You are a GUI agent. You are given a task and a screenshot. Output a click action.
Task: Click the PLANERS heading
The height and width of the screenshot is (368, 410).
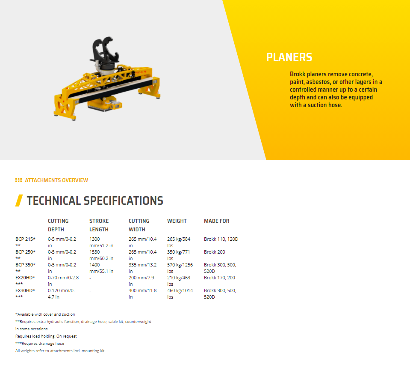[x=289, y=57]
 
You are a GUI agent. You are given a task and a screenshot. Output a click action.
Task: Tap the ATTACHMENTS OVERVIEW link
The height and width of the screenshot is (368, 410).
[x=56, y=180]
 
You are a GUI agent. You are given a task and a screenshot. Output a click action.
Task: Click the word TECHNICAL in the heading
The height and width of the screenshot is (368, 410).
[x=53, y=201]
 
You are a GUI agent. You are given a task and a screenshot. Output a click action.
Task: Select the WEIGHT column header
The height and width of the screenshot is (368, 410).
[x=177, y=221]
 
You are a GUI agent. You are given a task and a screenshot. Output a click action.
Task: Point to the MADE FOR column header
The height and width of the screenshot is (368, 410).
[x=216, y=221]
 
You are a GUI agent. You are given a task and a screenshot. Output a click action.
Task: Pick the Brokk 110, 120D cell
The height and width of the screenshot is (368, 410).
[x=221, y=239]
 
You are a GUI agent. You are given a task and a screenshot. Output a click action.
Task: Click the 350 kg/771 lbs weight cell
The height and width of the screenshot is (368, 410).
[x=179, y=255]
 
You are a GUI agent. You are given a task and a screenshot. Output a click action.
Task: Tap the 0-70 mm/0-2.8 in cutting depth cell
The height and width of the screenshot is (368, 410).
[x=63, y=281]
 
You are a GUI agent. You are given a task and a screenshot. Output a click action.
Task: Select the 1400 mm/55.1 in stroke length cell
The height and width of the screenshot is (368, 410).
[x=101, y=268]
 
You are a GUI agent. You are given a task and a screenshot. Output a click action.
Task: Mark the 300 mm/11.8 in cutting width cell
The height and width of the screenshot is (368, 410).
[x=142, y=293]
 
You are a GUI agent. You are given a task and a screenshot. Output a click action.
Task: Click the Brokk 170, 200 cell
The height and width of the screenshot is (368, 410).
[x=219, y=278]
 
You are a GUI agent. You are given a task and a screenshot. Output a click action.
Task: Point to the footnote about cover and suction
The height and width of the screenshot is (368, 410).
[x=45, y=314]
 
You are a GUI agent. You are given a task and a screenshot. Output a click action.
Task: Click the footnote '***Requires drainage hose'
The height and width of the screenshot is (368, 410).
[x=40, y=343]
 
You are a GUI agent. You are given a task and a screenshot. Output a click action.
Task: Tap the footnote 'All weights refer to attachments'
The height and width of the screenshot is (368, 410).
[x=60, y=351]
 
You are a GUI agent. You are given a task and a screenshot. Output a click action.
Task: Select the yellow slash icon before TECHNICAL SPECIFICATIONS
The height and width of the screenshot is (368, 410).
[x=19, y=200]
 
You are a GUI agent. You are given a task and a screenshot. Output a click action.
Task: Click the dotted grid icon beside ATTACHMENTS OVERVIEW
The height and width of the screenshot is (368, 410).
[x=18, y=180]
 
